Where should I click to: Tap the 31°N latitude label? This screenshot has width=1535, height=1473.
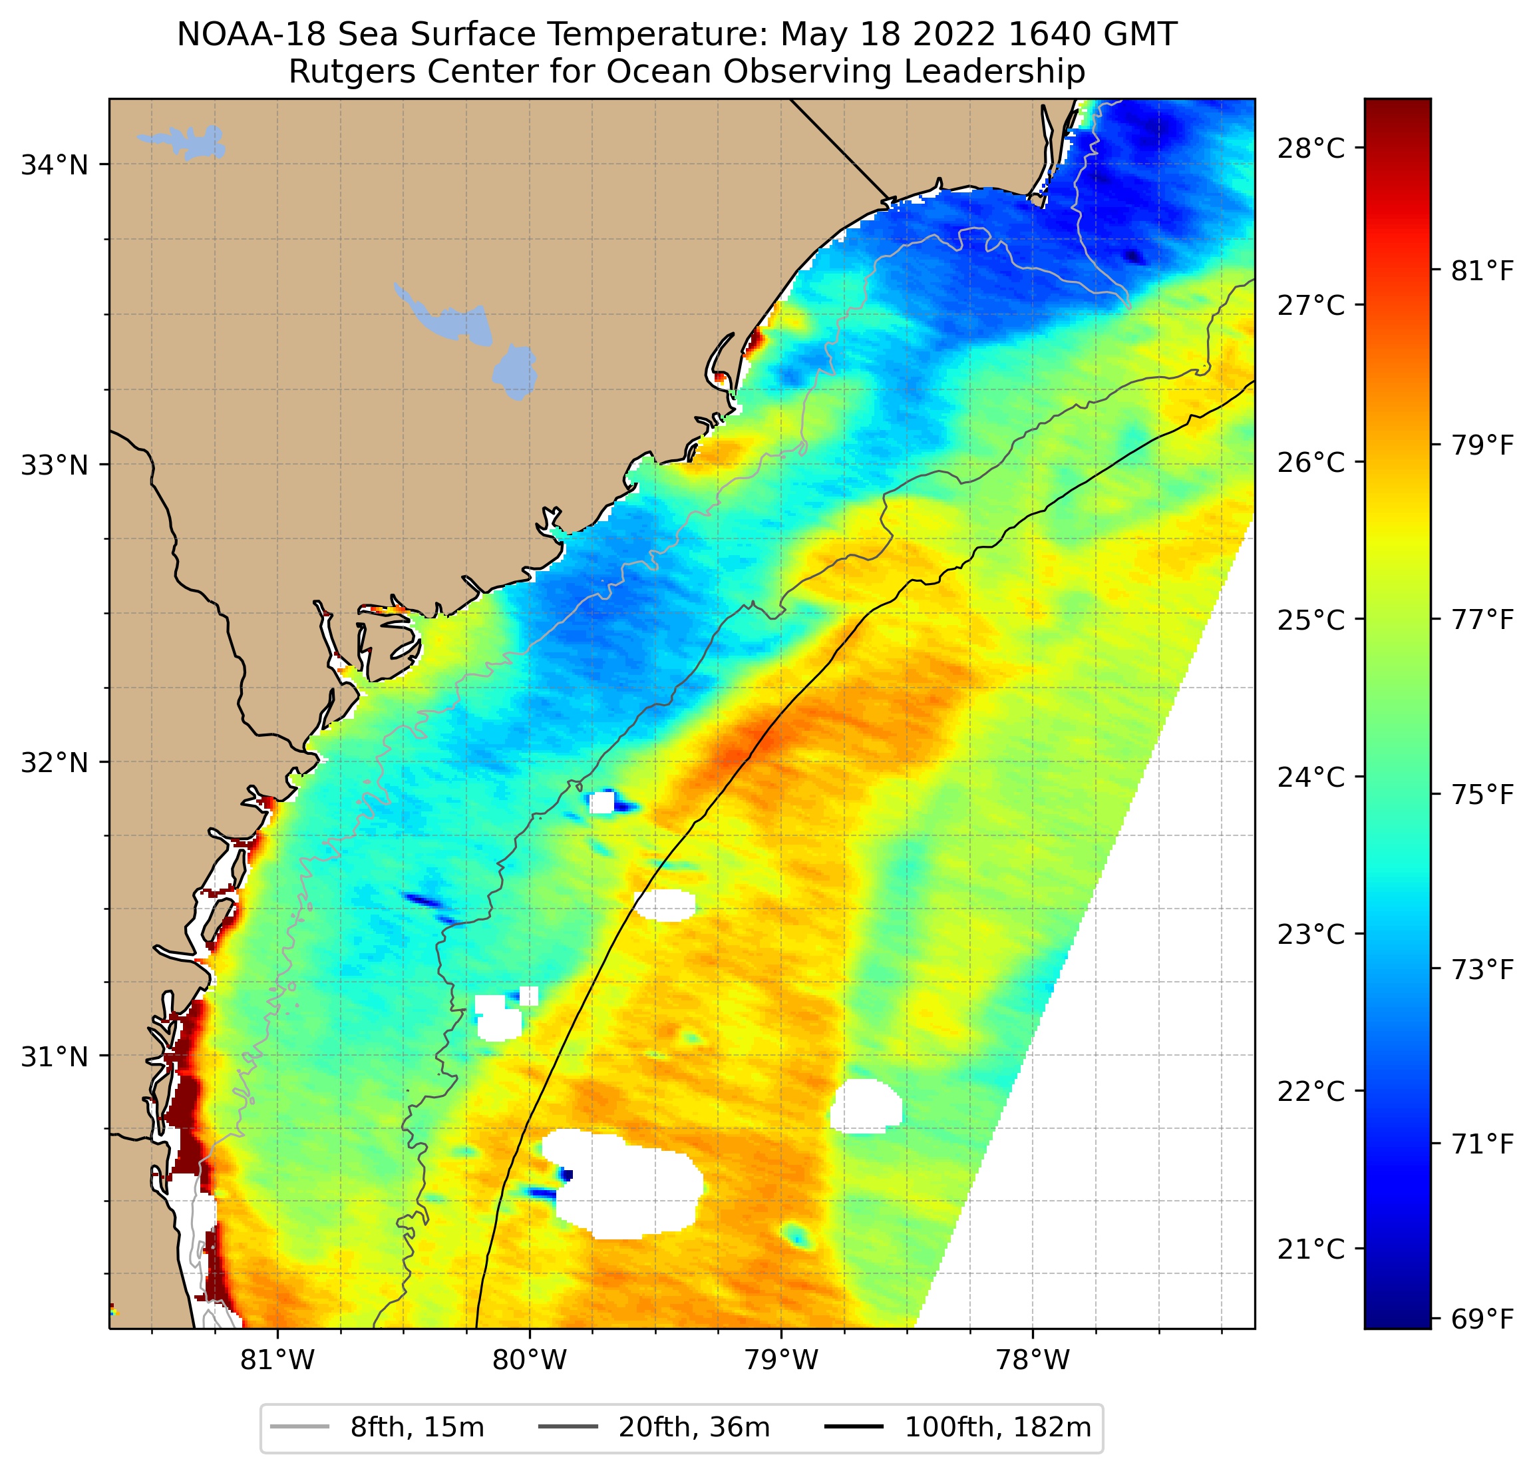point(54,1057)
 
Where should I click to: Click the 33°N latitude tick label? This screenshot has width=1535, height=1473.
point(54,465)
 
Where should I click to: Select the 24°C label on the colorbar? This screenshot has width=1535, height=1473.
point(1311,777)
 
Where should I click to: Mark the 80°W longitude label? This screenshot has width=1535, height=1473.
point(530,1362)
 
